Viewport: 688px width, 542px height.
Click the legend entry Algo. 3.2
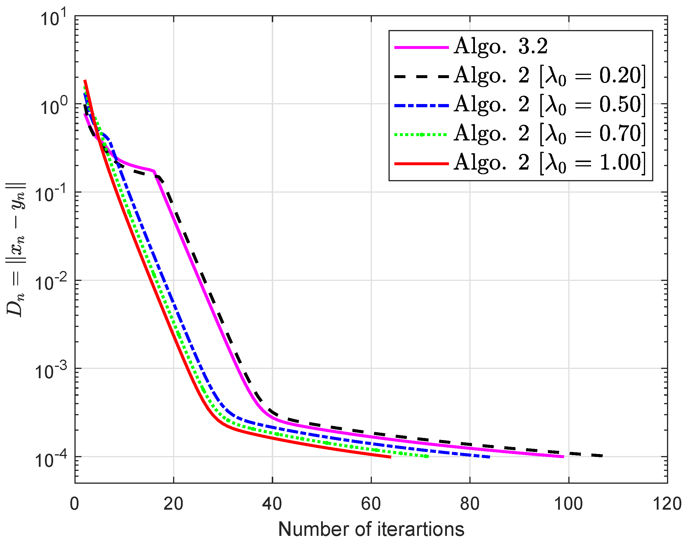[501, 47]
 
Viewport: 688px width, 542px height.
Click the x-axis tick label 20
[173, 504]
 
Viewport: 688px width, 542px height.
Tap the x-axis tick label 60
[371, 504]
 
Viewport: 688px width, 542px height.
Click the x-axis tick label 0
[74, 504]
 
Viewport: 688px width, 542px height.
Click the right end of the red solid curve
[390, 457]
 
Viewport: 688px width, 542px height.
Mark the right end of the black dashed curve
[602, 456]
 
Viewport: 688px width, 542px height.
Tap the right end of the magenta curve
[563, 457]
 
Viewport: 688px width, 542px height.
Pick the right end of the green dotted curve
[428, 456]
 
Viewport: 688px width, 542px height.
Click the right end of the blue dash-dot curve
[490, 457]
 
